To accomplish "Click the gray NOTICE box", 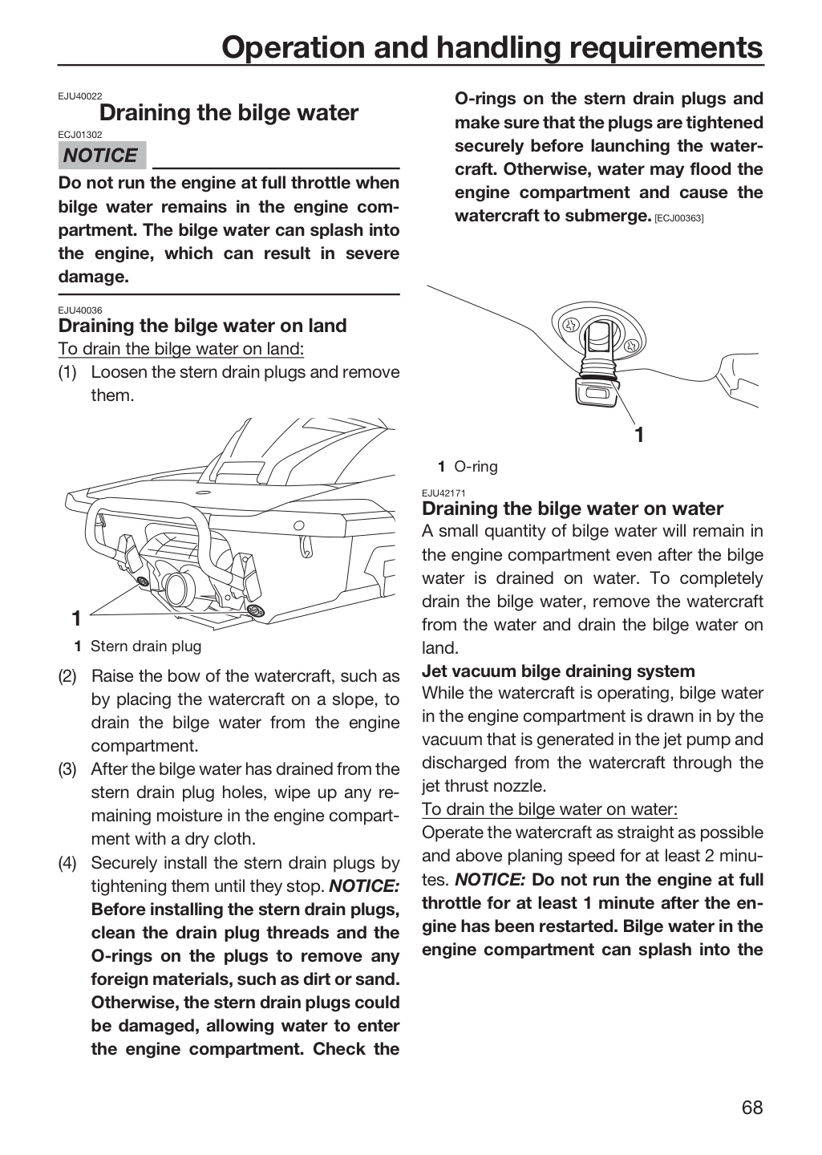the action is pos(102,156).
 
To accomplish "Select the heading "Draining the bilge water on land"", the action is pos(202,326).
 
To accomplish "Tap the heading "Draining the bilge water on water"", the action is pos(573,509).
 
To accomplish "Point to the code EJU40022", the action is pos(80,96).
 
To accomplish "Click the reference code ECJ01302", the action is pos(80,135).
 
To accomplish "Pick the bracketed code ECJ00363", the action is pos(678,218).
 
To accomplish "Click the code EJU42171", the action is pos(443,493).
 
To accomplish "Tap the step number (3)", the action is pos(67,769).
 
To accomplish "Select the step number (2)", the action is pos(67,676).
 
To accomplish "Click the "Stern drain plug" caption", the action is pos(146,646).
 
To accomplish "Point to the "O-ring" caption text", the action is pos(476,467).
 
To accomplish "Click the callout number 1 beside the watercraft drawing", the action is pos(76,618).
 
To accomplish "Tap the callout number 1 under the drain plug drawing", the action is pos(639,436).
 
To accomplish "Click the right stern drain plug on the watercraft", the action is pos(255,611).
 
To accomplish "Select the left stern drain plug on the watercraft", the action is pos(143,582).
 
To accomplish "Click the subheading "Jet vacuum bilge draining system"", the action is pos(558,671).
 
